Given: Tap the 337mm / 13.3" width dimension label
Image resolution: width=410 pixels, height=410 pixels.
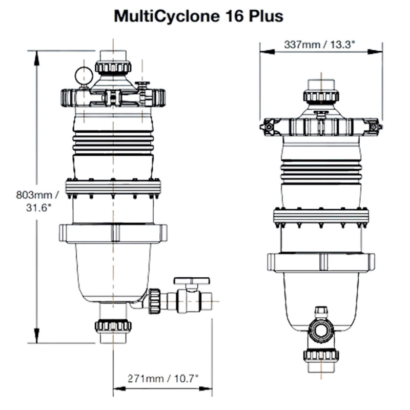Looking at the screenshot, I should pos(321,44).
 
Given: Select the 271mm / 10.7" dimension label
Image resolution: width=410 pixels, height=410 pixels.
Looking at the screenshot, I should pos(162,378).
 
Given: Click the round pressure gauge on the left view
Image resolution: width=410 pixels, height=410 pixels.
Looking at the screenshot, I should pos(82,76).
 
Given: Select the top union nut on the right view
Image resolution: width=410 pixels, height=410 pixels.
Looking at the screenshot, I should pos(321,95).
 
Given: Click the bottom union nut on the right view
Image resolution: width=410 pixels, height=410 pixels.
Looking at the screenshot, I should pos(321,355).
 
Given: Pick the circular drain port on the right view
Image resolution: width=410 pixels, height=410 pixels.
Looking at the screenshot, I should pos(321,332).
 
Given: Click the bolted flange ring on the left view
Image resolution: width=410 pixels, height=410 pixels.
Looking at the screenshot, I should pos(113,188).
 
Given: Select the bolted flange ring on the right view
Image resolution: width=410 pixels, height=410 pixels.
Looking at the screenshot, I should pos(321,217).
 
